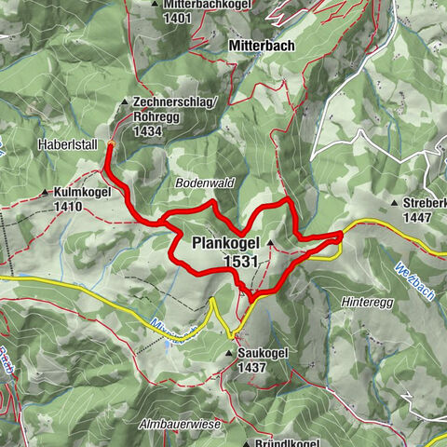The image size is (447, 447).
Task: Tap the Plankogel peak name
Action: pyautogui.click(x=225, y=244)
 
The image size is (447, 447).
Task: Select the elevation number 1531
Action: pyautogui.click(x=241, y=264)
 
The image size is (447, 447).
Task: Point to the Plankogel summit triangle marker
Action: pyautogui.click(x=271, y=244)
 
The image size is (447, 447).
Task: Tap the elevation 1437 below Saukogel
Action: pyautogui.click(x=251, y=368)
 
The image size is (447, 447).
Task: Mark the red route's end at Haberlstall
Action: pyautogui.click(x=109, y=144)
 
